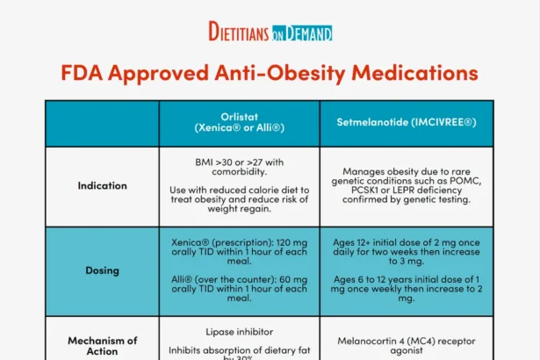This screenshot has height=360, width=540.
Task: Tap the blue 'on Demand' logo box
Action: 303,33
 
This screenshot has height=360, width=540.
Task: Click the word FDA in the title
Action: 85,72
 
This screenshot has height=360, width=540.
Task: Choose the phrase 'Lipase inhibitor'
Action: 239,333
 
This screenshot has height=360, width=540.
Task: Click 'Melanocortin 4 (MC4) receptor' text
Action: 406,340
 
